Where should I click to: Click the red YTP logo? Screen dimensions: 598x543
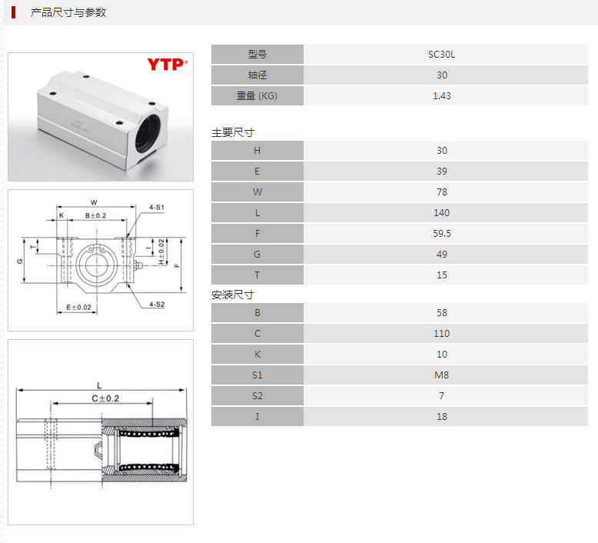pos(168,65)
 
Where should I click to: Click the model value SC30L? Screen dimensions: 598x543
pos(442,55)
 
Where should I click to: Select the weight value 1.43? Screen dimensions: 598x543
pos(442,96)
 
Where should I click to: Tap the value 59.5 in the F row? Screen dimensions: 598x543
pos(442,234)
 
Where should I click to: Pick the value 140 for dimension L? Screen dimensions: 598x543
pos(442,213)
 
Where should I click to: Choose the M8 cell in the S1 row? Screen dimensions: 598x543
pos(442,375)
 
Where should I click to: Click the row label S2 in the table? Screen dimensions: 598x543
pos(257,396)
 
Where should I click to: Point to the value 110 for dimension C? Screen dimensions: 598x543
pos(442,334)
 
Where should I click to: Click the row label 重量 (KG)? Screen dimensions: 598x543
pos(257,96)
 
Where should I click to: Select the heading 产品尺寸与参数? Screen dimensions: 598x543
pos(68,12)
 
